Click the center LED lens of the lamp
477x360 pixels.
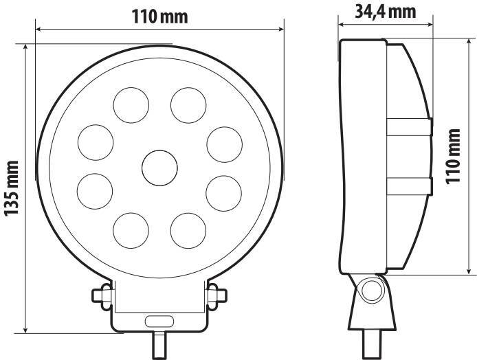coord(159,166)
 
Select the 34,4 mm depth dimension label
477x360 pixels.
coord(386,11)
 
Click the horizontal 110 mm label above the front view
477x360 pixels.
coord(159,16)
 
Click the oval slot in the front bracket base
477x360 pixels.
coord(159,321)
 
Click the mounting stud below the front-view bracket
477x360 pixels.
coord(159,344)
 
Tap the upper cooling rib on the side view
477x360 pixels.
coord(408,127)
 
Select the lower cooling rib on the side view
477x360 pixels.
coord(408,184)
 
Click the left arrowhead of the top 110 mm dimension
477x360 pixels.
coord(38,29)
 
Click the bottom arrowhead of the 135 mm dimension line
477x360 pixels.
coord(25,329)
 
